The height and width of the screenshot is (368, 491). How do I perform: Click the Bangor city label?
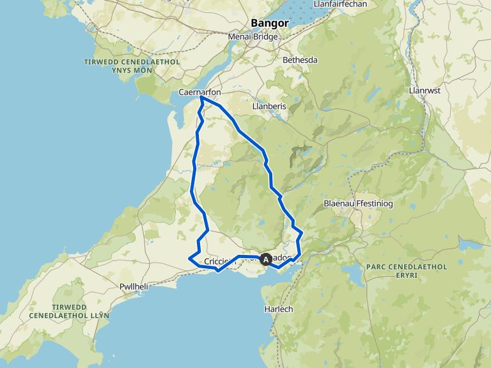pyautogui.click(x=270, y=24)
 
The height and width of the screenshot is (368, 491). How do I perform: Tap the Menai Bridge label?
pyautogui.click(x=253, y=37)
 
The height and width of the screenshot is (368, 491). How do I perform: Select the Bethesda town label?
pyautogui.click(x=300, y=60)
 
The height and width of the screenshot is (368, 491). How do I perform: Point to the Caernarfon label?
pyautogui.click(x=199, y=93)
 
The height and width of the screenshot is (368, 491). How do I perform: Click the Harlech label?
pyautogui.click(x=278, y=309)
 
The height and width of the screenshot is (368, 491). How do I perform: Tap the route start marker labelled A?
pyautogui.click(x=266, y=260)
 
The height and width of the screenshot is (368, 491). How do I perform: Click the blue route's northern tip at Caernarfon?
pyautogui.click(x=201, y=98)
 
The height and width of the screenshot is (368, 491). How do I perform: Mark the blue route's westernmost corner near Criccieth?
pyautogui.click(x=190, y=258)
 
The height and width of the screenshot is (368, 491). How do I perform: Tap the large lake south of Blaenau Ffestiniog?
pyautogui.click(x=354, y=275)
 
